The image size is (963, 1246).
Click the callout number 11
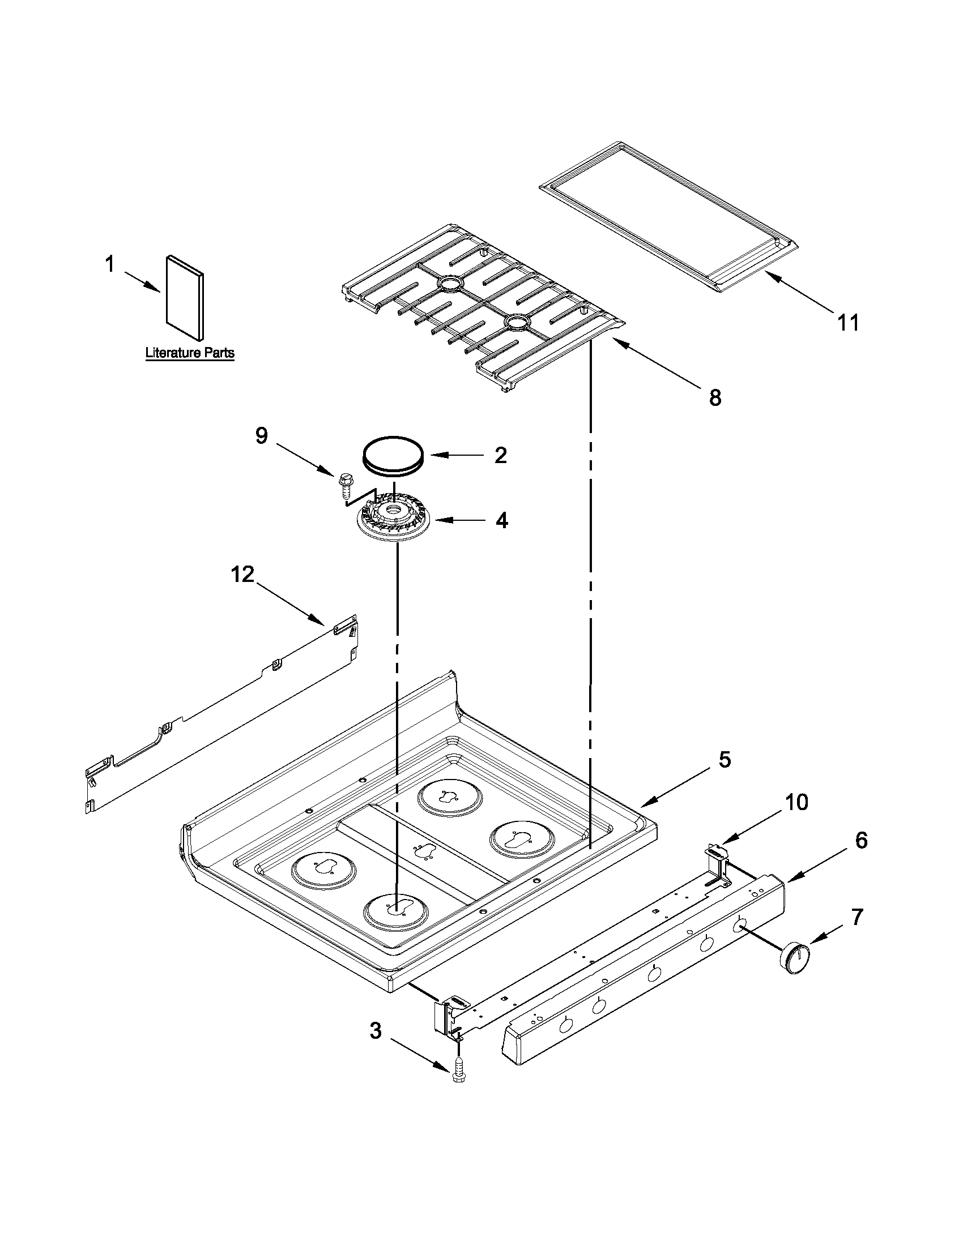tap(847, 323)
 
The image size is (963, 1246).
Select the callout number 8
tap(715, 397)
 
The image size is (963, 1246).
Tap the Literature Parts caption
tap(190, 353)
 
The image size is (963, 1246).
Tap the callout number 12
tap(242, 575)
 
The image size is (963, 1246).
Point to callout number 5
tap(724, 760)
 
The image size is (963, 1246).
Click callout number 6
tap(862, 840)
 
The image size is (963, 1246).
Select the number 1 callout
tap(109, 264)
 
